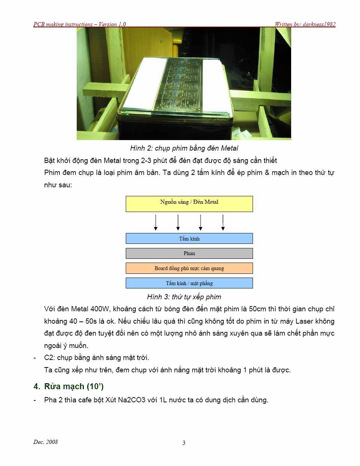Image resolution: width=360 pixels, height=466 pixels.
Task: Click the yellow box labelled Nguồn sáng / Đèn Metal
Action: tap(189, 204)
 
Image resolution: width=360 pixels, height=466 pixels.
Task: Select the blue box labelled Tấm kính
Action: tap(189, 239)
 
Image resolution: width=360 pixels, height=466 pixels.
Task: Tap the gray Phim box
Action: tap(189, 254)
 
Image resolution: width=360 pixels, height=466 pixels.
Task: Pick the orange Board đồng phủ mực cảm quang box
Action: tap(189, 268)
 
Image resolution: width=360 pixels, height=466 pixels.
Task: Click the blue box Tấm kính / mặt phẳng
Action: tap(189, 283)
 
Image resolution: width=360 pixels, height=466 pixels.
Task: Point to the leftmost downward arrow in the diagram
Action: tap(156, 223)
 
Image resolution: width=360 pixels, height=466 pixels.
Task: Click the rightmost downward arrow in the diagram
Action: tap(223, 223)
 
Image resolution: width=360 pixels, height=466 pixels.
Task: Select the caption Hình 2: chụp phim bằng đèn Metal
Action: tap(184, 148)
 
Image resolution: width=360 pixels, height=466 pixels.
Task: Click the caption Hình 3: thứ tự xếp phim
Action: tap(184, 297)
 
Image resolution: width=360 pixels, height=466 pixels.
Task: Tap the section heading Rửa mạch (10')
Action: tap(74, 387)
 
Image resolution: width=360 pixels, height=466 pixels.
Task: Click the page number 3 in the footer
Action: tap(184, 443)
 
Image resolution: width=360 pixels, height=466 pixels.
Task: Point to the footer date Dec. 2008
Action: tap(46, 442)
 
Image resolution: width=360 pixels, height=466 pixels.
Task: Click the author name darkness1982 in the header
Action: tap(319, 24)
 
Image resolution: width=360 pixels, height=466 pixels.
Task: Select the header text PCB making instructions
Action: tap(63, 24)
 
